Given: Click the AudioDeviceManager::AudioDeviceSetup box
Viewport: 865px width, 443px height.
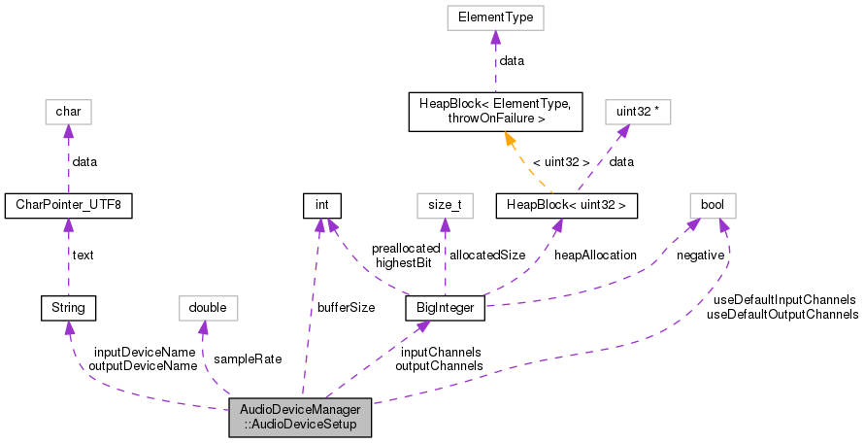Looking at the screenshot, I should (x=300, y=416).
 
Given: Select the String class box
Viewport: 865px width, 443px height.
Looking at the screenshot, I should (x=68, y=308).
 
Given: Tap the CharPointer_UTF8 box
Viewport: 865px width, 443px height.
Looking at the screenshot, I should (x=68, y=205).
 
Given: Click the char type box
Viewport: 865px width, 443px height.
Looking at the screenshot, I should (x=68, y=112).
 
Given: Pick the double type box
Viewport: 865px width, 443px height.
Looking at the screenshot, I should (x=208, y=308).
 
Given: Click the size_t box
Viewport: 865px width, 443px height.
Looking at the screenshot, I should (x=445, y=205).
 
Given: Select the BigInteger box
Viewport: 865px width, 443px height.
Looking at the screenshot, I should (x=444, y=308).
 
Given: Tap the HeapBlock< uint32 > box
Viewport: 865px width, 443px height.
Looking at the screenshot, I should (x=566, y=205).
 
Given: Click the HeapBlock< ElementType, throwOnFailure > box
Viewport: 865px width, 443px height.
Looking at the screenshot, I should (x=496, y=112).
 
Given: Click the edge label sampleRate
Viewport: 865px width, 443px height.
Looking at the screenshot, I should (x=248, y=358).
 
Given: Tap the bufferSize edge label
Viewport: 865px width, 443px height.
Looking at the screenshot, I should (x=346, y=308).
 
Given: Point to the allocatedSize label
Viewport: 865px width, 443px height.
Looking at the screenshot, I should (x=487, y=255).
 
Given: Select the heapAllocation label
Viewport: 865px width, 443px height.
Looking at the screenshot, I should (x=595, y=255).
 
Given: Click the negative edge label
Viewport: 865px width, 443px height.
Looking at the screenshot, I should (x=701, y=255).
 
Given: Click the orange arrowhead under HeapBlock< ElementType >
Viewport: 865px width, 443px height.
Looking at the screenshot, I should (x=507, y=138).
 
